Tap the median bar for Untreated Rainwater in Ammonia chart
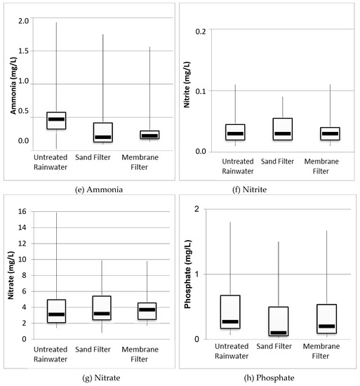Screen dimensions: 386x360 tap(56, 119)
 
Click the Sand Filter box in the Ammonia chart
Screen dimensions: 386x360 tap(103, 132)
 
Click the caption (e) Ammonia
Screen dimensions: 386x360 tap(88, 188)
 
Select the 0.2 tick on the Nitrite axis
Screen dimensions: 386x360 tap(201, 31)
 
